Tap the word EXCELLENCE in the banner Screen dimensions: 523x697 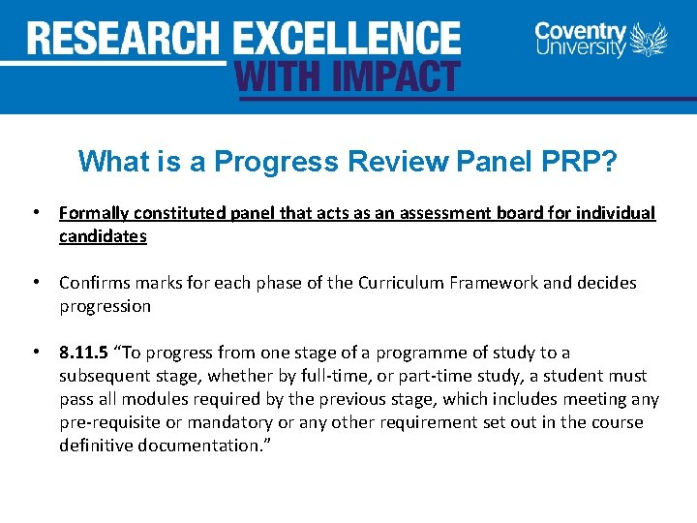point(347,39)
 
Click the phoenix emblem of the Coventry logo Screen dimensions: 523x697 point(650,41)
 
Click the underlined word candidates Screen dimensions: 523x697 point(103,236)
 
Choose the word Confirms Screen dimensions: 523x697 point(95,283)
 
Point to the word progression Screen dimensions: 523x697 point(105,306)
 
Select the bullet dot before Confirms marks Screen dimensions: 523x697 point(35,283)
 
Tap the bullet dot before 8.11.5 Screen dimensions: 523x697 point(35,353)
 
